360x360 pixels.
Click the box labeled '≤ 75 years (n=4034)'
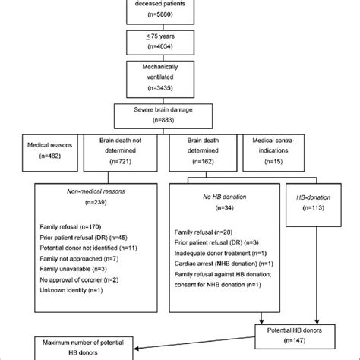pos(180,39)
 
